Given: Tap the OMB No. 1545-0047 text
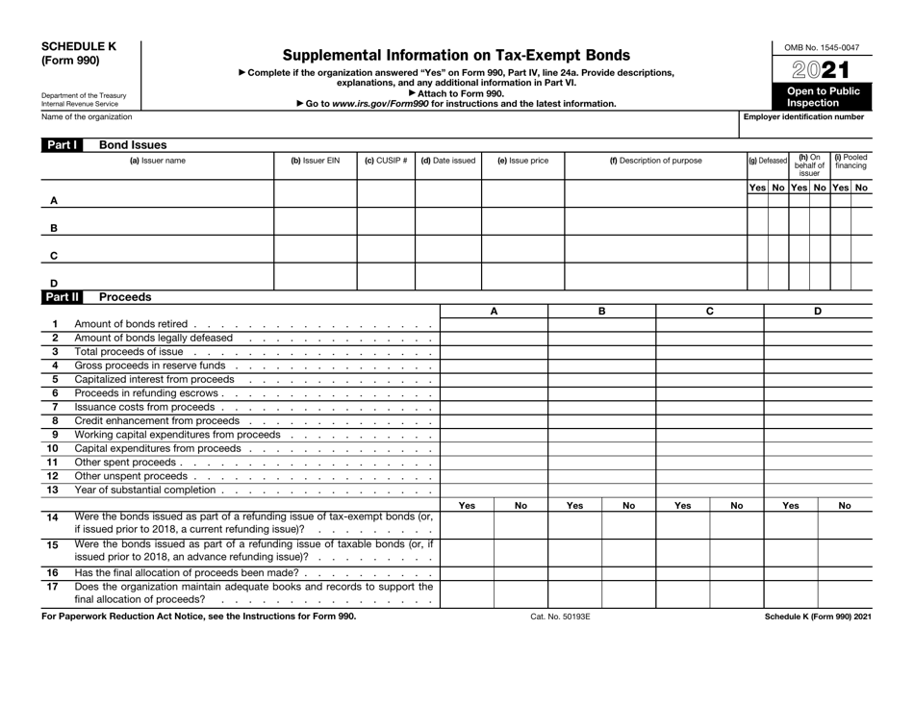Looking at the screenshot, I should click(x=822, y=47).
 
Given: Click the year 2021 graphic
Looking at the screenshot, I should click(x=823, y=70).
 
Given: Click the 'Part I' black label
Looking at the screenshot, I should click(x=60, y=144).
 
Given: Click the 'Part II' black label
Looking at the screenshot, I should click(x=61, y=297).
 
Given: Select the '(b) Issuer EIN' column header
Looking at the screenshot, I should click(x=316, y=162).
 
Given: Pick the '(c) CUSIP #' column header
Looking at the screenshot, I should click(x=386, y=162).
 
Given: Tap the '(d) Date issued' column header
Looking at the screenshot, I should click(x=447, y=162).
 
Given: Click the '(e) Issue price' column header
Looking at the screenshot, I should click(x=521, y=162).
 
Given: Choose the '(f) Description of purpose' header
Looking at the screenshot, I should click(x=655, y=162).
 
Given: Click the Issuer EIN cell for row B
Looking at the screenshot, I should click(x=316, y=228).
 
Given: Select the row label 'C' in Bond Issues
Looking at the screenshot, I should click(x=53, y=256).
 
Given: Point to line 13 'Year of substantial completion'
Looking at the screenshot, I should click(x=144, y=490).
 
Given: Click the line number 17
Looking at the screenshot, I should click(x=54, y=586).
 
